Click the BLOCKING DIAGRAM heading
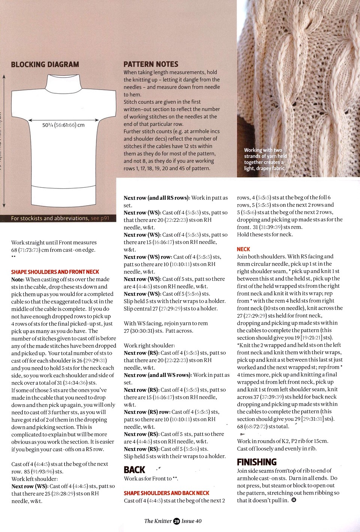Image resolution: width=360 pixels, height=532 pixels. (x=45, y=64)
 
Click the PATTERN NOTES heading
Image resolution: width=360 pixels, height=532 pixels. (x=151, y=64)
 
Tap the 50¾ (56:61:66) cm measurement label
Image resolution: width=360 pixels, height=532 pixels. (x=63, y=125)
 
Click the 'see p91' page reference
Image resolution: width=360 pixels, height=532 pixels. (x=100, y=218)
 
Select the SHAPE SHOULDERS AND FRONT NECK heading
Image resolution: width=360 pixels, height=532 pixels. (x=55, y=272)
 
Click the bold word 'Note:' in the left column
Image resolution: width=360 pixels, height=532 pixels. (x=18, y=279)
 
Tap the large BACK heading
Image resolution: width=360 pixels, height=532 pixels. (x=134, y=470)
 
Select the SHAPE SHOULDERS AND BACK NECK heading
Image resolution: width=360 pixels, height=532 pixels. (x=166, y=493)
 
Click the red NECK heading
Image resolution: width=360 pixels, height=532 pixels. (x=243, y=249)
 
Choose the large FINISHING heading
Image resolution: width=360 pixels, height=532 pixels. (x=257, y=462)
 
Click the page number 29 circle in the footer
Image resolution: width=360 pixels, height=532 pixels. (x=177, y=521)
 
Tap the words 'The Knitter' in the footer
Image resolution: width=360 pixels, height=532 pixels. (x=158, y=521)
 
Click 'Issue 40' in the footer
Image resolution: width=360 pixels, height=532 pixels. (x=192, y=521)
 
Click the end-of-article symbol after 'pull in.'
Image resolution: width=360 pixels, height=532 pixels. (x=294, y=500)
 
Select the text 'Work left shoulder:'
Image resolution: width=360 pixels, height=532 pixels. (x=34, y=479)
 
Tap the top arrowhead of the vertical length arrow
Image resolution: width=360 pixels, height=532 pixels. (x=4, y=76)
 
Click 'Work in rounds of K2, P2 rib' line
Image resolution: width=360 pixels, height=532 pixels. (x=282, y=441)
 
